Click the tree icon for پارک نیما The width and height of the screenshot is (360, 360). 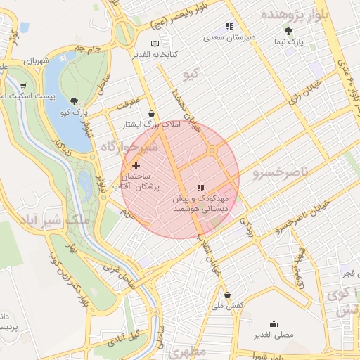pos(288,30)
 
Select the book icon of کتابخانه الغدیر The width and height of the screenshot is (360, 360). pos(145,44)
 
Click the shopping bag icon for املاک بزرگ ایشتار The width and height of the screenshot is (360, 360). pos(152,113)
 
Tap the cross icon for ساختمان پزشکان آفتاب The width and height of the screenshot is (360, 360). pos(136,165)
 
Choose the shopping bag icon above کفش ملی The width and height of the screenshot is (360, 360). pos(226,295)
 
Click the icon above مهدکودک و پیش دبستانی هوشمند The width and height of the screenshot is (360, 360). pos(200,188)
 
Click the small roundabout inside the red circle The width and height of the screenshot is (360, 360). pos(211,152)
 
